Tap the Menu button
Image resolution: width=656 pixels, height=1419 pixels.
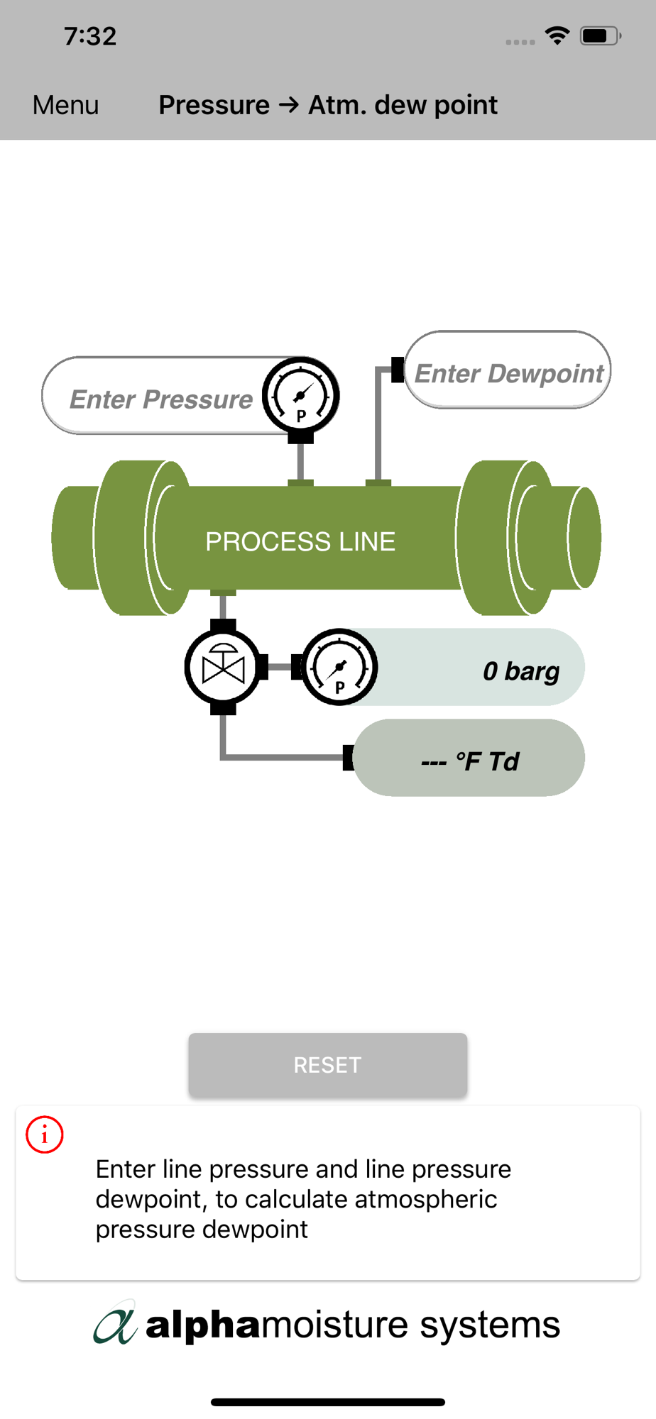pos(65,105)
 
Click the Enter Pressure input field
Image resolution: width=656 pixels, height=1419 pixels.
pos(160,399)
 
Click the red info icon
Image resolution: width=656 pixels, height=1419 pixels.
pos(45,1134)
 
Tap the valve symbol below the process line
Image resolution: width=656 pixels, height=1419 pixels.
pos(223,668)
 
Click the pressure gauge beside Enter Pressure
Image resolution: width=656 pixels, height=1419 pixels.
pos(301,395)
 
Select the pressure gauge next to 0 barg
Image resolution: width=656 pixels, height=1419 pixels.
pos(339,667)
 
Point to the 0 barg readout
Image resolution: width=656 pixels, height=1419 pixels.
pos(521,670)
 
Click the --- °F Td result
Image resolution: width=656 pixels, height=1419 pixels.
pos(470,761)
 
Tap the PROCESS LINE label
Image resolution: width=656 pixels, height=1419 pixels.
pos(300,541)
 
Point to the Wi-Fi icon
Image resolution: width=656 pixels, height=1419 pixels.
pos(557,35)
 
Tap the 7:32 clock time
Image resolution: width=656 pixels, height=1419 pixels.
pos(90,36)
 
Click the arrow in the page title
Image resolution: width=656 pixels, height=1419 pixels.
pos(289,105)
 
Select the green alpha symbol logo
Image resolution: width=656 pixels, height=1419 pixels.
pos(115,1323)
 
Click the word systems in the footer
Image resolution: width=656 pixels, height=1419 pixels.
pos(490,1325)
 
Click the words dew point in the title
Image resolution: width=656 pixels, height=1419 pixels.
pos(436,105)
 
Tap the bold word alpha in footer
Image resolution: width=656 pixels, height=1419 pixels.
pos(203,1325)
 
